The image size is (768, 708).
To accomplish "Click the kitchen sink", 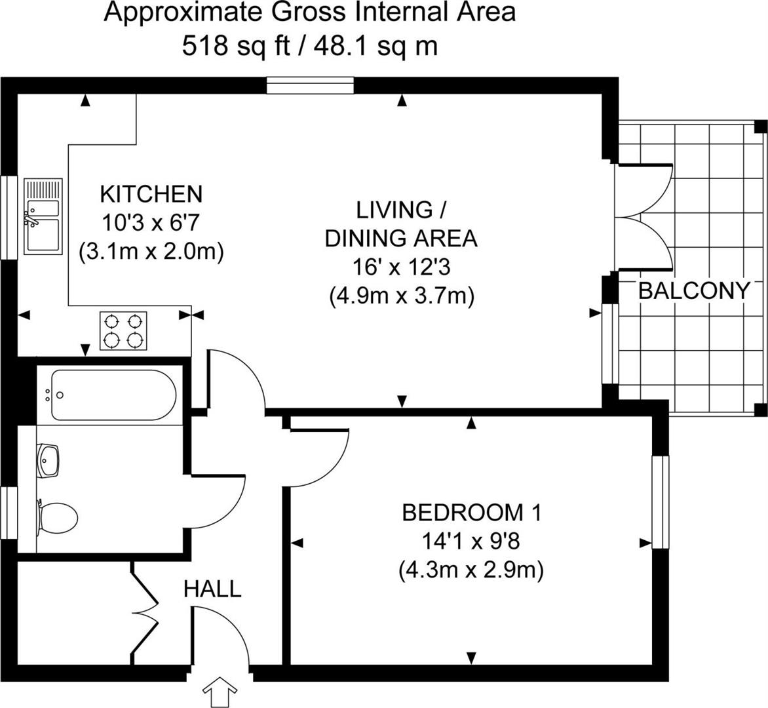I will coord(43,216).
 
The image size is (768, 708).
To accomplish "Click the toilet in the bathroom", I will coord(57,517).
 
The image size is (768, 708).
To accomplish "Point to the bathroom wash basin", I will coord(48,461).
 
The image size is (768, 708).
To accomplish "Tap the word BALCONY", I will coord(693,290).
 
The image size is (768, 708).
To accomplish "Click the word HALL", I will coord(212,589).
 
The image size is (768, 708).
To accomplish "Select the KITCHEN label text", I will coord(151,194).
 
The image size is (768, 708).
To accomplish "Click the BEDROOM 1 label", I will coord(471,512).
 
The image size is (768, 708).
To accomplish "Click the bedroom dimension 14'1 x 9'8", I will coord(471,541).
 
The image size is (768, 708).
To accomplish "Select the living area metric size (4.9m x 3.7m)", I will coord(401,296).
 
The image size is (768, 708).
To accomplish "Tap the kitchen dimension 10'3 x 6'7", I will coord(151,223).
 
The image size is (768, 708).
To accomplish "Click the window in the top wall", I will coord(310,85).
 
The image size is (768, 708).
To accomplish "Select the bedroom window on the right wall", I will coord(661,501).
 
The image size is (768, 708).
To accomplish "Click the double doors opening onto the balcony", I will coord(642,216).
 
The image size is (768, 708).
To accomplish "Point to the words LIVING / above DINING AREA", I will coord(401,210).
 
